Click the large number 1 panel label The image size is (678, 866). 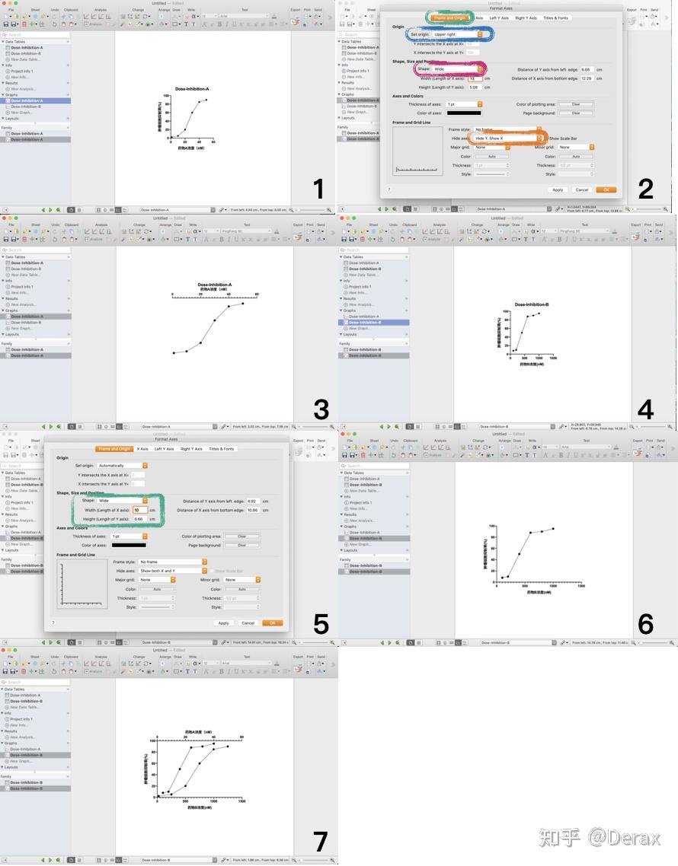coord(318,189)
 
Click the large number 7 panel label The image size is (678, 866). coord(320,841)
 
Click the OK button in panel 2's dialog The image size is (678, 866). coord(606,189)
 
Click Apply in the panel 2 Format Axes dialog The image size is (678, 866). coord(558,189)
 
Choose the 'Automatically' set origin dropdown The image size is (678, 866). coord(122,465)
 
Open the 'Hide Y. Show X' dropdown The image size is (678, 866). coord(508,138)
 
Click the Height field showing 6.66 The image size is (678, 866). coord(140,519)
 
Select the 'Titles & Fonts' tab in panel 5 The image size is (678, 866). coord(222,449)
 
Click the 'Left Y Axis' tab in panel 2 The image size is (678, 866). coord(499,18)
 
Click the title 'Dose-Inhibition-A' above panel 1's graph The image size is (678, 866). coord(192,89)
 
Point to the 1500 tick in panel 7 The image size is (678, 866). coord(242,801)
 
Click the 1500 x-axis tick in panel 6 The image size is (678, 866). coord(580,586)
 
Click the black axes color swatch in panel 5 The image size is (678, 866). coord(129,545)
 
